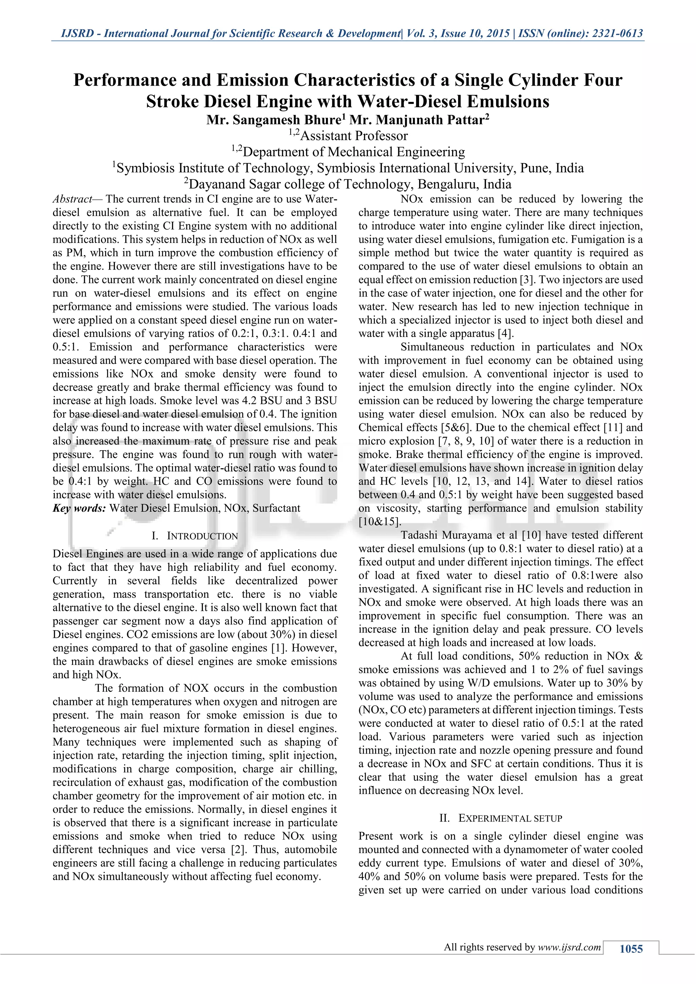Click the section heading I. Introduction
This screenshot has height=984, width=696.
pos(195,536)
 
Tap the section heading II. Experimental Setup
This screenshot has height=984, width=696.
pos(501,818)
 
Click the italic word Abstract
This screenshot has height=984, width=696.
pos(72,199)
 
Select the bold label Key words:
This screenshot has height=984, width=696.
pos(79,508)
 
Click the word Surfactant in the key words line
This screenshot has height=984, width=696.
pos(276,508)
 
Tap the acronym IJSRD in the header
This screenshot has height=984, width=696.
pos(77,33)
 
